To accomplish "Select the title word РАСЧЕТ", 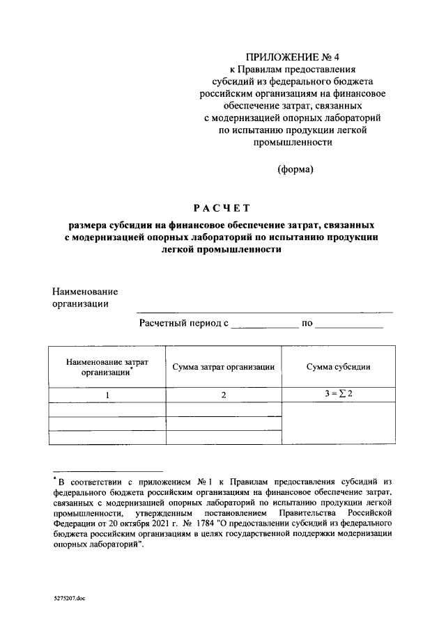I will pos(221,207).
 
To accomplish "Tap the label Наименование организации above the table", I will pos(85,297).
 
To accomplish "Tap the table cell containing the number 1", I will pos(107,395).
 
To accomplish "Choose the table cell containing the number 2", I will pos(223,395).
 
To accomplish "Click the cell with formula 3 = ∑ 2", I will pos(338,394).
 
